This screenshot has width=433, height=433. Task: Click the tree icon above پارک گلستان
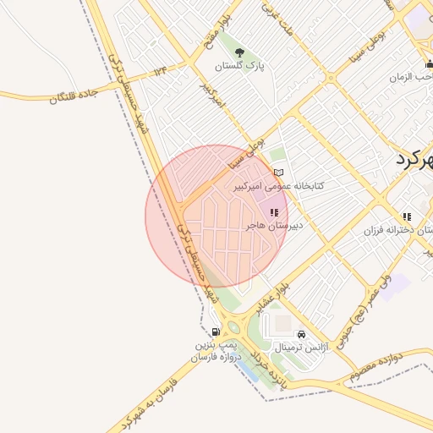click(238, 52)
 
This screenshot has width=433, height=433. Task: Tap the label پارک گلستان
click(238, 66)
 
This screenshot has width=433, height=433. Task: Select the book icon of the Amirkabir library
click(278, 173)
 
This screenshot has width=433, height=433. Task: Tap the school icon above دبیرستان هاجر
click(274, 213)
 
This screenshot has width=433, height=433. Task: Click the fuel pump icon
click(216, 332)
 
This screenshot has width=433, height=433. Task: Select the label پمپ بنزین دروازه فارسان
click(218, 352)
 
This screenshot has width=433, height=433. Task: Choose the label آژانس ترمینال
click(301, 348)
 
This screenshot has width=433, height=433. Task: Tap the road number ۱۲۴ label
click(160, 71)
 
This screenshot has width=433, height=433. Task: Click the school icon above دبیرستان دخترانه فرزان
click(407, 217)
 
